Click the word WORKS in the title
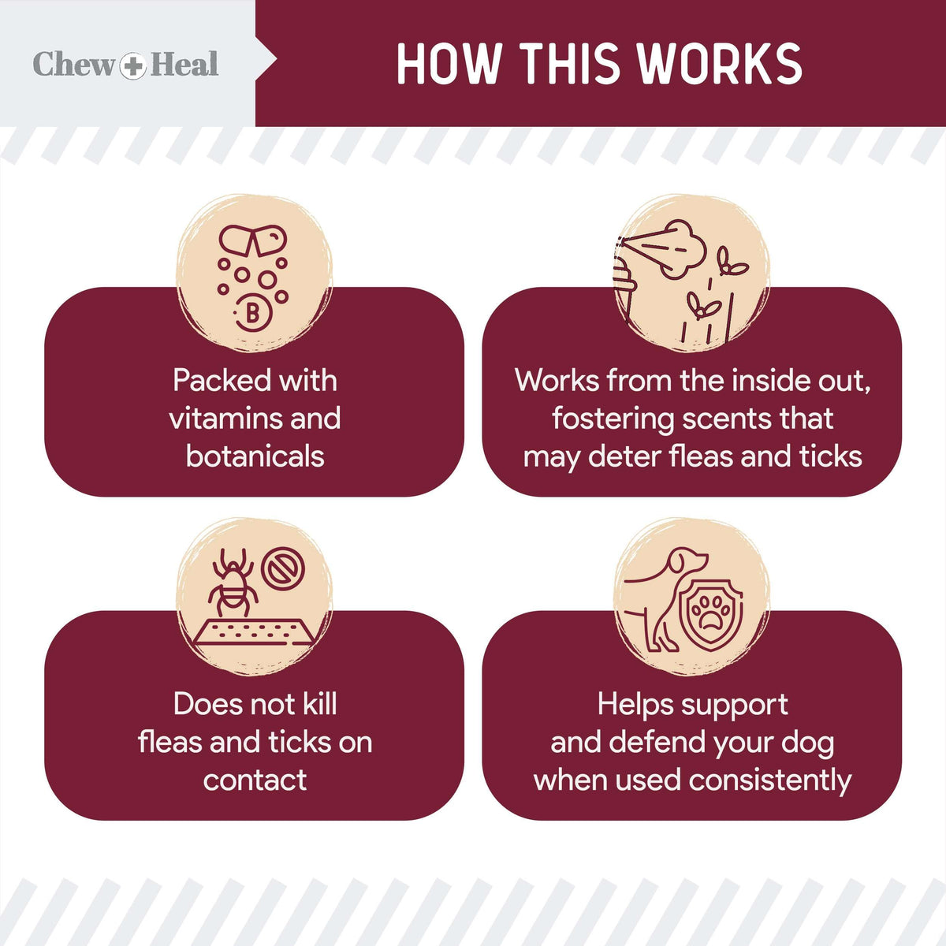(719, 64)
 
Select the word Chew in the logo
(73, 65)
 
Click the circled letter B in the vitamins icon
(253, 313)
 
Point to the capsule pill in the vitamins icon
(252, 240)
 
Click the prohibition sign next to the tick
(281, 568)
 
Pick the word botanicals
(255, 456)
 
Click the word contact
(255, 780)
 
